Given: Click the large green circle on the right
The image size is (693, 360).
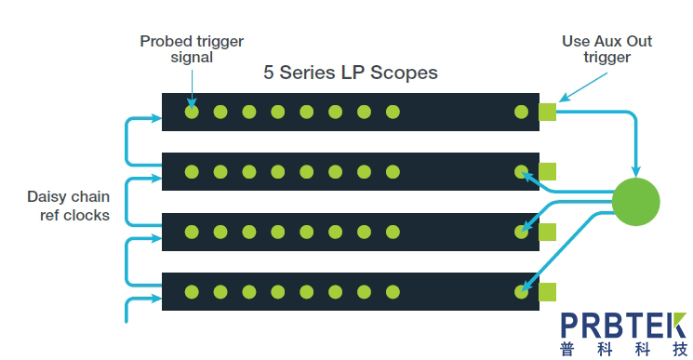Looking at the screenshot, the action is pos(635,202).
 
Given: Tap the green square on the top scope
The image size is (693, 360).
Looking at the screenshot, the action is pos(547,112).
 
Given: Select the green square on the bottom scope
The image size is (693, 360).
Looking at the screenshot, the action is pos(547,292).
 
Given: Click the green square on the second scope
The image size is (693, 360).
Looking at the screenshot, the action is pos(547,172).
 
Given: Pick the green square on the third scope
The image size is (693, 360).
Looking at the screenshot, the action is pos(547,232).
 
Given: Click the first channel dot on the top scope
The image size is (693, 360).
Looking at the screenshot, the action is pos(192,112).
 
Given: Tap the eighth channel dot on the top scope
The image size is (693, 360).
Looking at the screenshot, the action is pos(393,112).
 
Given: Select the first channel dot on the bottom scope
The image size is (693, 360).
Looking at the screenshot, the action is pos(192,292).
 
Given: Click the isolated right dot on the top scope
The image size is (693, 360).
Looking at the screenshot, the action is pos(522,112).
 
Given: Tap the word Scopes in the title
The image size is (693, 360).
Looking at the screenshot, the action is pos(404,73).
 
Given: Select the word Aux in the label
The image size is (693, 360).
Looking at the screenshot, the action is pos(607,41).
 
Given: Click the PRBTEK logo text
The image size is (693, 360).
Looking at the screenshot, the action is pos(623,326).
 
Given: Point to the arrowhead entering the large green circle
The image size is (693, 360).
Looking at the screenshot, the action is pos(636,173).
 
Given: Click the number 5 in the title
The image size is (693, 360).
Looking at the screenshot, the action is pos(268,73).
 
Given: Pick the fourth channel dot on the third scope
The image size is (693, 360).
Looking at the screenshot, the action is pos(278,232).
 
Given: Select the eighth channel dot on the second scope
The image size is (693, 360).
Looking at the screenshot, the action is pos(393,172).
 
